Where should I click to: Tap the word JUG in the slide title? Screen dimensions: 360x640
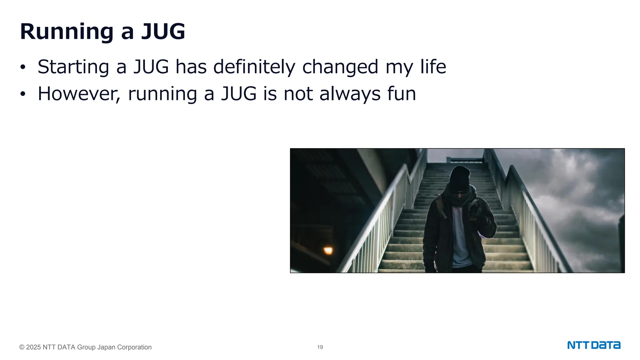click(163, 32)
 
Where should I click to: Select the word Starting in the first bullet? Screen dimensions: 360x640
click(73, 67)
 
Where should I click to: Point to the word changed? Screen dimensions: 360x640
click(340, 67)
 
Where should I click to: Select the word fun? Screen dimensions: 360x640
click(402, 94)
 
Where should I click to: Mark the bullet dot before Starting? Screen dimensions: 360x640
click(22, 67)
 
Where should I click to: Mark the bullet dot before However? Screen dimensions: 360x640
click(22, 94)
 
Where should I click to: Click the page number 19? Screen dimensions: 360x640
click(320, 347)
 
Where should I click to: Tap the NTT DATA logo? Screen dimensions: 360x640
click(594, 345)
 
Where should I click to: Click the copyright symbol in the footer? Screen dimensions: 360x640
click(22, 347)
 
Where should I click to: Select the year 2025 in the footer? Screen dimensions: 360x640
click(33, 347)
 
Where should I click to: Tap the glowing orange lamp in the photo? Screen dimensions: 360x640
click(328, 250)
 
